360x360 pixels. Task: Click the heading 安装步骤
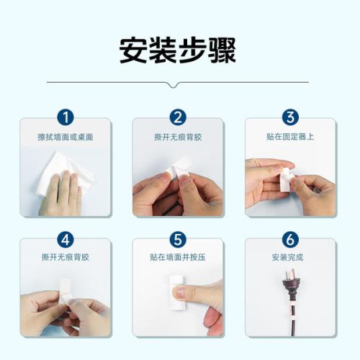pos(178,50)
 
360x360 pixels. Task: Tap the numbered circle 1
pos(66,117)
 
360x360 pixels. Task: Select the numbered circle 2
pos(178,117)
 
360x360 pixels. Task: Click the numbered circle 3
pos(290,117)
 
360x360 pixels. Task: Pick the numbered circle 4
pos(66,240)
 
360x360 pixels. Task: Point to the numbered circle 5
pos(178,240)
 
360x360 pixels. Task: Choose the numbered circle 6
pos(290,240)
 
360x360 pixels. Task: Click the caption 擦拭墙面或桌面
pos(66,137)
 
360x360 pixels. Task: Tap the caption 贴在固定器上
pos(290,137)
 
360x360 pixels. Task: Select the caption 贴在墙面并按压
pos(178,257)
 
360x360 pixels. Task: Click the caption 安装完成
pos(287,257)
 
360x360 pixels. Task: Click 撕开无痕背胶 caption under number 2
pos(178,137)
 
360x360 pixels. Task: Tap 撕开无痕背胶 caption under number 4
pos(66,257)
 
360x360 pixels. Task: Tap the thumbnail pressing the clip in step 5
pos(179,292)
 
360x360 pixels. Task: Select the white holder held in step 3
pos(287,179)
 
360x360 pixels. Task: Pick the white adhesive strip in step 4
pos(65,292)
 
